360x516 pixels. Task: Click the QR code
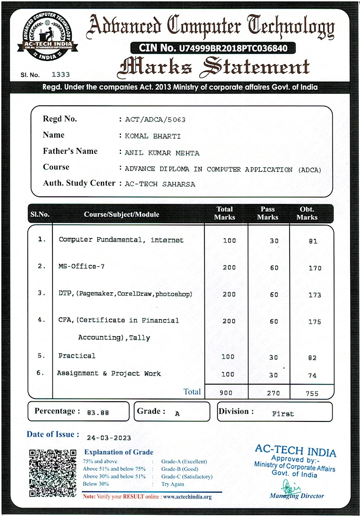(52, 473)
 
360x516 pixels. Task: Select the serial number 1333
(61, 75)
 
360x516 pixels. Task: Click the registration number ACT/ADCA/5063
(155, 120)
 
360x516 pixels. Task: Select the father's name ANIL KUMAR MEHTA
(162, 153)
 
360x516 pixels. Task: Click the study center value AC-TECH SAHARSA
(160, 184)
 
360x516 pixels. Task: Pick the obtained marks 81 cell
(313, 241)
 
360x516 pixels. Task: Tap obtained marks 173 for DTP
(315, 295)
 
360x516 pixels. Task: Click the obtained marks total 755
(312, 394)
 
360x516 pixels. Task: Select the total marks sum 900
(226, 393)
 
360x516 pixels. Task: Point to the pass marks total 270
(273, 393)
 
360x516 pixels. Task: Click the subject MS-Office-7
(82, 266)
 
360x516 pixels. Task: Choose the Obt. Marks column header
(307, 213)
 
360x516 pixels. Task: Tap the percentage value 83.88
(98, 413)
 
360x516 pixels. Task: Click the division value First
(283, 414)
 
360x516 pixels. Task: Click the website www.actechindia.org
(187, 496)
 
